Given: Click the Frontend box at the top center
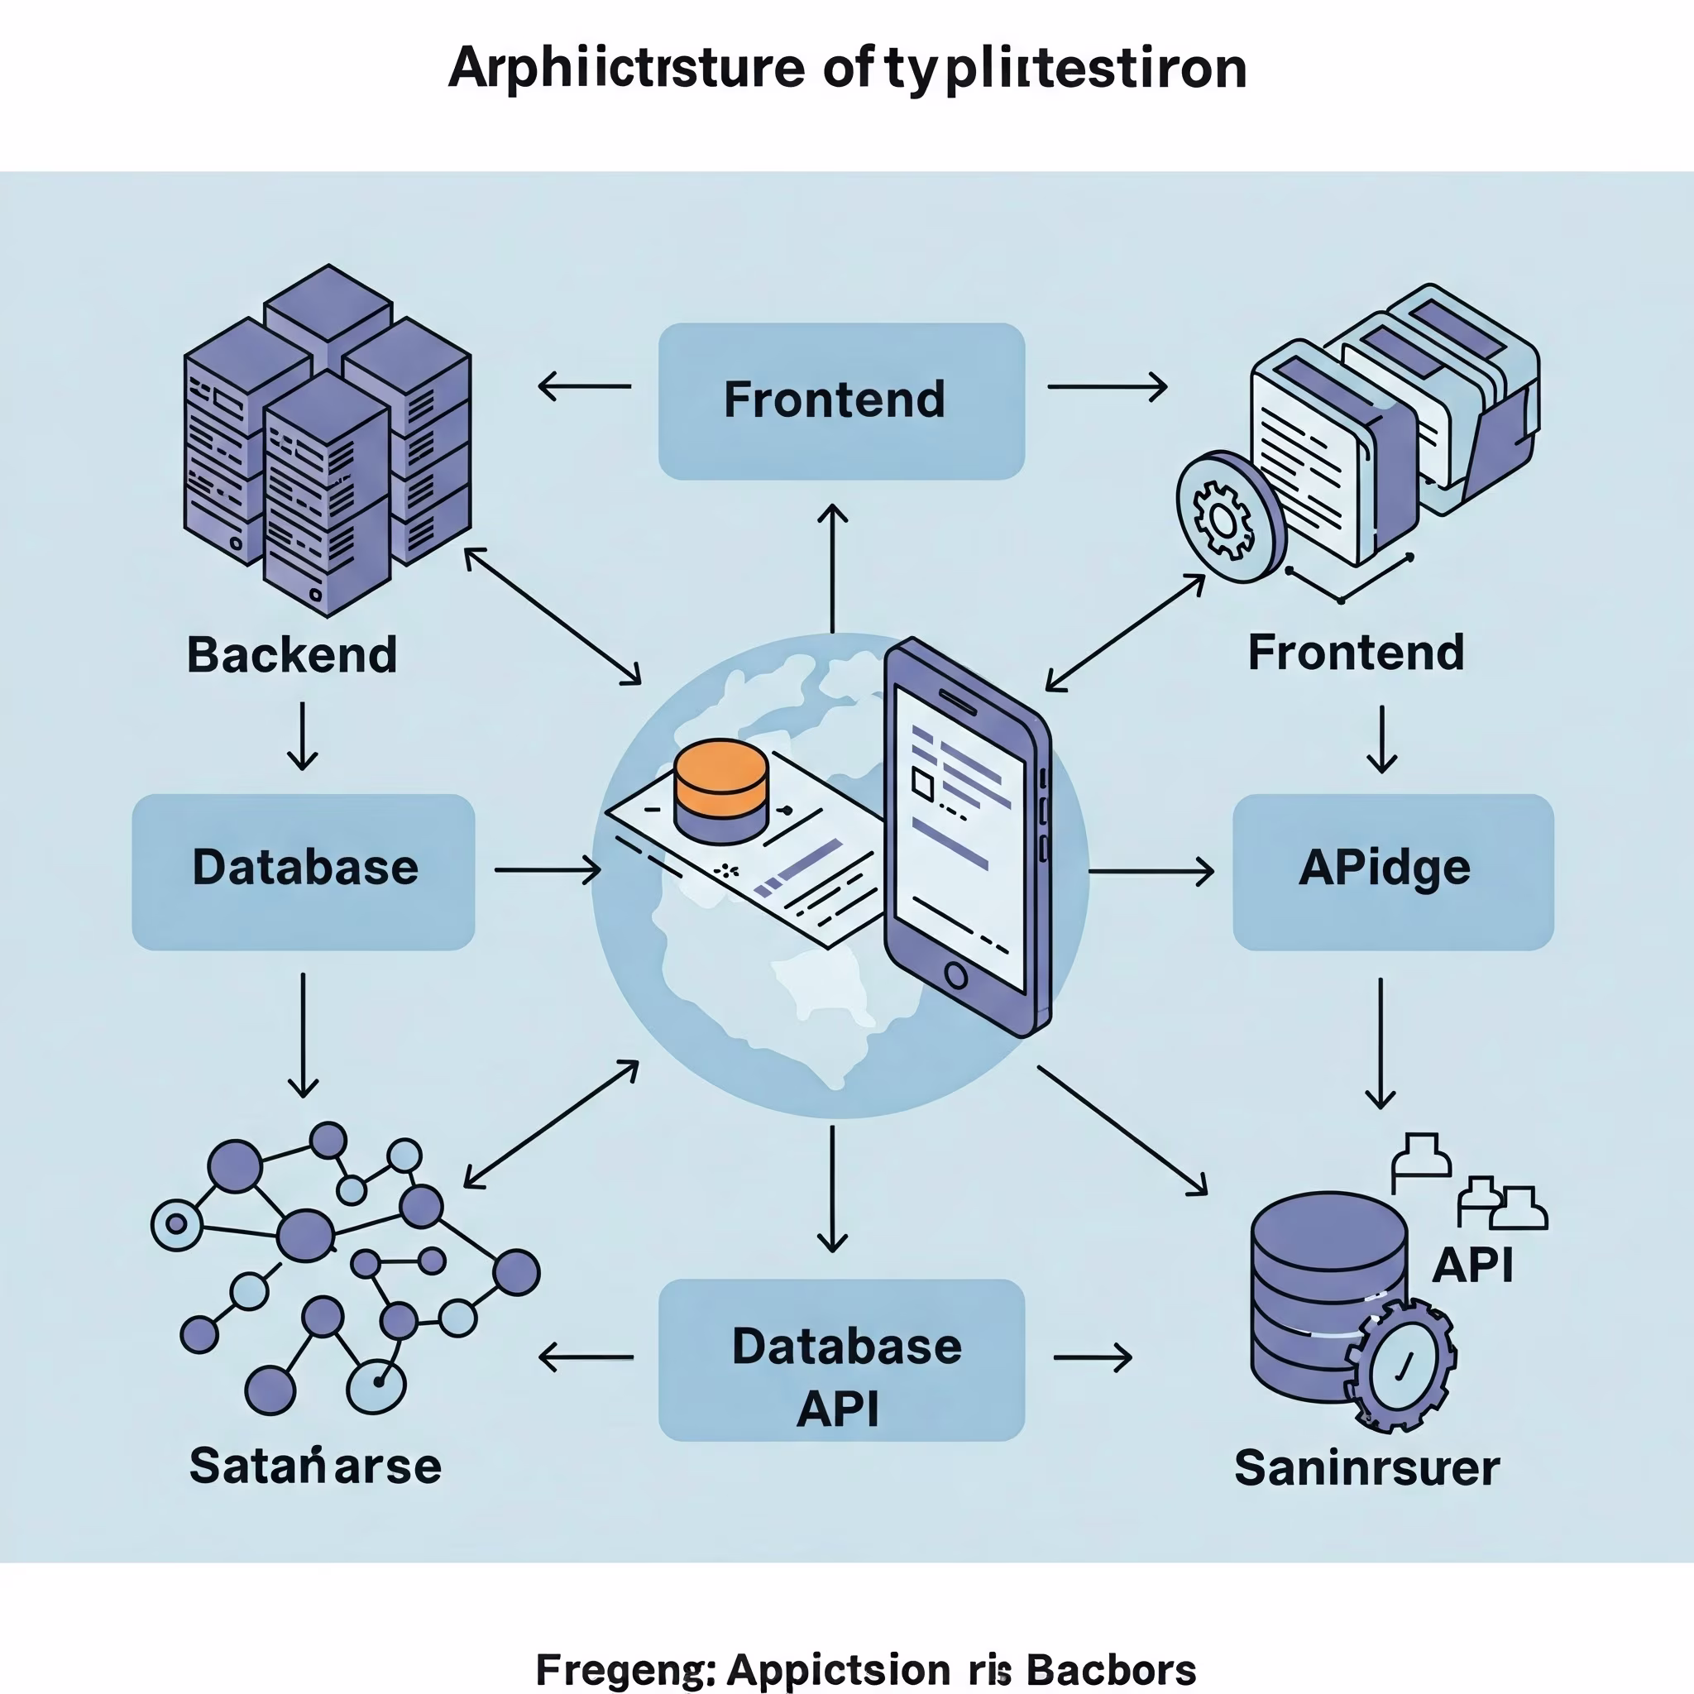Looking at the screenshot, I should [x=841, y=400].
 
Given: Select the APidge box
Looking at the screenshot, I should [x=1392, y=871].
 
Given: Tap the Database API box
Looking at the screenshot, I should [x=841, y=1359].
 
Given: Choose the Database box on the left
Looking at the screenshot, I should [x=304, y=871].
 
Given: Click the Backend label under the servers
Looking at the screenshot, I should [x=292, y=655].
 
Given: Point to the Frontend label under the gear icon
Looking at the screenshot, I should [x=1356, y=653].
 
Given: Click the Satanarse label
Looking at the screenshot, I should [x=315, y=1466].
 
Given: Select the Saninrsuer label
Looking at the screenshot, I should [x=1366, y=1468].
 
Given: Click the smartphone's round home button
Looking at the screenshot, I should [x=955, y=975].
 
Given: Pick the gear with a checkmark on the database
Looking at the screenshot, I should [x=1400, y=1364].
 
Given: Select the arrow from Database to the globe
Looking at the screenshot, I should [x=547, y=871].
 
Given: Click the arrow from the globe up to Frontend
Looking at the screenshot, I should [x=832, y=567].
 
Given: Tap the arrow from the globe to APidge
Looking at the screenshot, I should [x=1151, y=872].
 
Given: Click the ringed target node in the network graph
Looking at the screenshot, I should [x=177, y=1224].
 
